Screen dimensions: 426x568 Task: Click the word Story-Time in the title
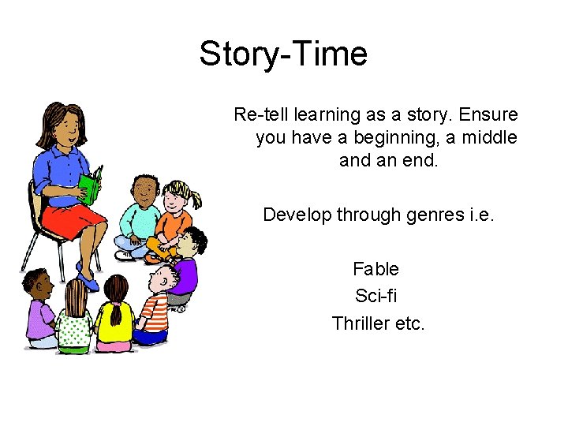[283, 54]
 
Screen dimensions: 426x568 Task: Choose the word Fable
[376, 269]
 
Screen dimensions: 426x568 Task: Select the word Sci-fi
[376, 296]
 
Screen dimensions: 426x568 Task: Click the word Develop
[293, 215]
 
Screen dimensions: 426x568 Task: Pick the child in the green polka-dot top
[75, 323]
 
